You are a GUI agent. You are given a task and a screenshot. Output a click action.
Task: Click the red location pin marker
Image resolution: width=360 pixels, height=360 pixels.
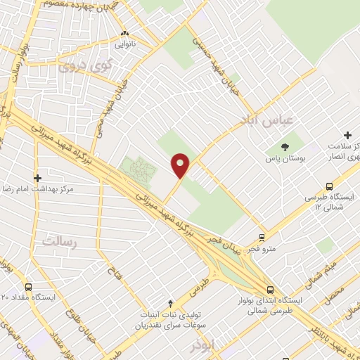click(x=181, y=166)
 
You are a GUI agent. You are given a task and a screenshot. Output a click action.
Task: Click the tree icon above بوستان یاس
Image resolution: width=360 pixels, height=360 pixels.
click(x=285, y=147)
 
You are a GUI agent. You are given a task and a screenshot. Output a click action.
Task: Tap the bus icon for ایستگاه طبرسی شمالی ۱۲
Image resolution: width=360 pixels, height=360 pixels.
click(x=329, y=186)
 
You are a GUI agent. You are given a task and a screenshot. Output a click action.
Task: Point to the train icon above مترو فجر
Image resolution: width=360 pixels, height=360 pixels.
click(x=262, y=238)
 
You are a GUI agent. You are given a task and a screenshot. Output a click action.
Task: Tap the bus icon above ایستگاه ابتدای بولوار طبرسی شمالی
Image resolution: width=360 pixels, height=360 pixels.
click(x=270, y=289)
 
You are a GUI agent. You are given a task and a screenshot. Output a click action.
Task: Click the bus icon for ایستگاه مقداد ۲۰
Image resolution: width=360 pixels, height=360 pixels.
click(x=28, y=288)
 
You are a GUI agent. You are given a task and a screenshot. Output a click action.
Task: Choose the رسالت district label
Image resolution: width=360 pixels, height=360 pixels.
click(x=57, y=241)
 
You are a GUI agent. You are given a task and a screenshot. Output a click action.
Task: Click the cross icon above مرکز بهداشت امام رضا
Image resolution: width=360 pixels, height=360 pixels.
click(x=37, y=178)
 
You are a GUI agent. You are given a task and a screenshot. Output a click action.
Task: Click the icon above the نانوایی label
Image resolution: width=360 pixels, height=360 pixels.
click(x=124, y=33)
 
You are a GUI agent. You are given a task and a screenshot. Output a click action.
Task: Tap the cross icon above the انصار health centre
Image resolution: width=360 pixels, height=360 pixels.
click(x=347, y=134)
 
